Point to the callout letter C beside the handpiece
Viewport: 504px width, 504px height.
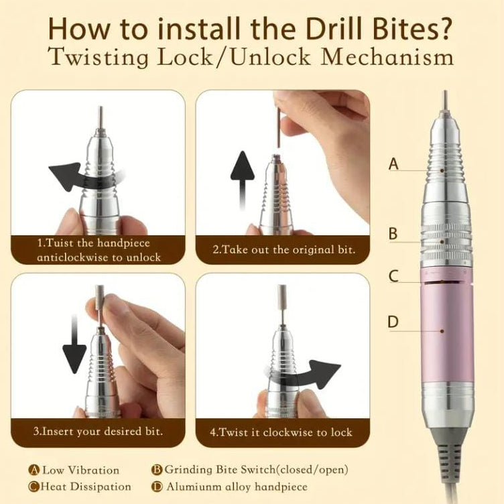tap(393, 275)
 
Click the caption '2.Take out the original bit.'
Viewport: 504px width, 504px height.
tap(283, 251)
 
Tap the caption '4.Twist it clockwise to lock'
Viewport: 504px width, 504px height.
tap(281, 432)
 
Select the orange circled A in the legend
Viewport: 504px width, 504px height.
tap(34, 470)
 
